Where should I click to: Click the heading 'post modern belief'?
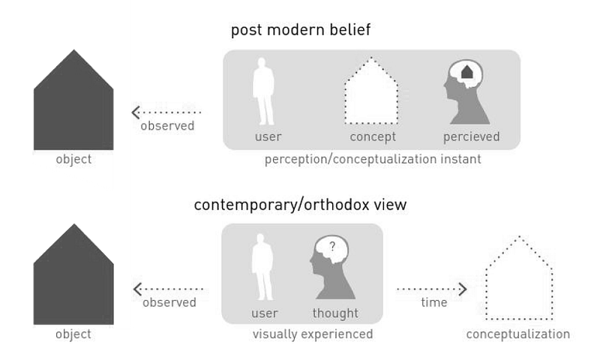pyautogui.click(x=300, y=31)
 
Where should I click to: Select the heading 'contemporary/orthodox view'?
pyautogui.click(x=300, y=205)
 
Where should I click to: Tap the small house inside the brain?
pyautogui.click(x=466, y=73)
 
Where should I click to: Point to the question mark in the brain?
pyautogui.click(x=332, y=245)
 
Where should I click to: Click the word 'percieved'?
pyautogui.click(x=470, y=137)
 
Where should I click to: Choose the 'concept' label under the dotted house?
pyautogui.click(x=373, y=137)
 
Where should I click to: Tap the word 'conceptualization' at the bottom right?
pyautogui.click(x=517, y=334)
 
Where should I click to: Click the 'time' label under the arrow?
pyautogui.click(x=433, y=303)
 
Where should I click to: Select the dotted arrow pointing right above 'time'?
pyautogui.click(x=432, y=288)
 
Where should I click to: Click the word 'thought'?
pyautogui.click(x=335, y=313)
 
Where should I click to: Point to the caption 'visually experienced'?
pyautogui.click(x=313, y=334)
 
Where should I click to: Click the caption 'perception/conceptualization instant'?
pyautogui.click(x=373, y=160)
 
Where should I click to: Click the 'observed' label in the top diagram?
pyautogui.click(x=167, y=126)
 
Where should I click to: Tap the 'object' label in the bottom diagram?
pyautogui.click(x=73, y=334)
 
